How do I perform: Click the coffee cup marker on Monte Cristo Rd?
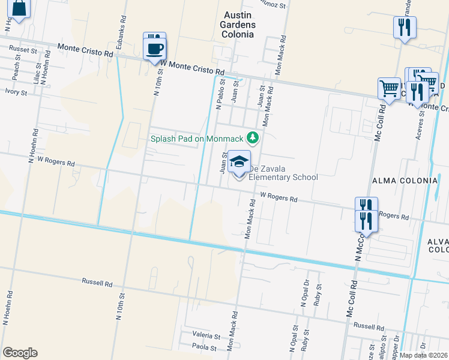(x=154, y=46)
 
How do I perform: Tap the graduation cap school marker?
(x=240, y=163)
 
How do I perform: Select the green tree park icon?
(x=253, y=138)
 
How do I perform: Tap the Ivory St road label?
(x=16, y=92)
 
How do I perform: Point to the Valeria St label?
(x=206, y=335)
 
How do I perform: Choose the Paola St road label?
(x=204, y=346)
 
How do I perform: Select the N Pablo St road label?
(x=219, y=94)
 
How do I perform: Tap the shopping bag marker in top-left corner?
(x=19, y=8)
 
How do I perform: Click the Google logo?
(x=20, y=353)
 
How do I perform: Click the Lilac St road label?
(x=38, y=73)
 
